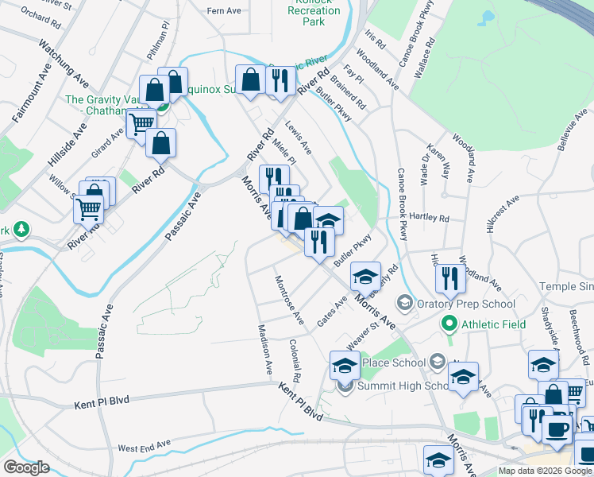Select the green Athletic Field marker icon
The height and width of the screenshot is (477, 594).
[449, 324]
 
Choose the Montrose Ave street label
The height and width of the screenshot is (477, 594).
[289, 300]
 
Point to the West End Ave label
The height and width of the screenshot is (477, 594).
[144, 446]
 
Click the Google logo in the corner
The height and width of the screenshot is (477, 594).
[26, 467]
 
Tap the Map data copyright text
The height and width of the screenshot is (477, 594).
[545, 471]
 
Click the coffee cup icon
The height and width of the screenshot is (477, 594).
[557, 429]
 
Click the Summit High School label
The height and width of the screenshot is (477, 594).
[397, 386]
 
